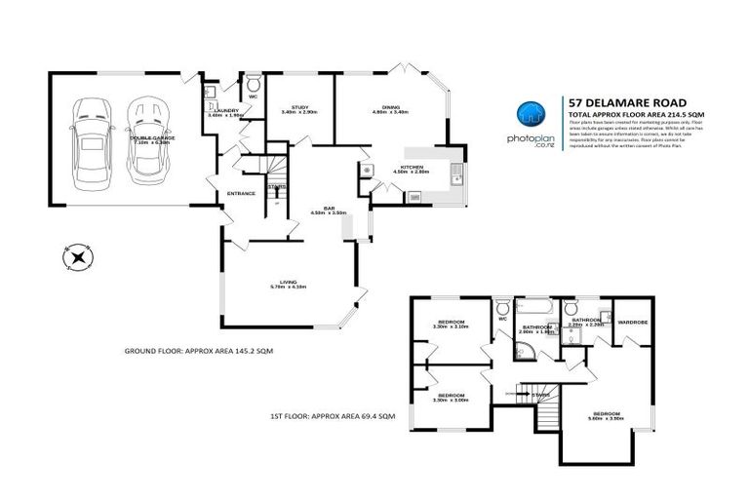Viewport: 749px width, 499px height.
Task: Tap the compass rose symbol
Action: click(76, 257)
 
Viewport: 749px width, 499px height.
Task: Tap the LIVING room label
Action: click(288, 282)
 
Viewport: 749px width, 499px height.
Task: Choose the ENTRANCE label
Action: click(241, 193)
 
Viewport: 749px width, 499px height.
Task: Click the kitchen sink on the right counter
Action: click(455, 177)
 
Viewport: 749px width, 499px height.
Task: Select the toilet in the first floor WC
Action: click(502, 308)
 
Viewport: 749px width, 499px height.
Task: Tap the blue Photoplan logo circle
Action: click(529, 114)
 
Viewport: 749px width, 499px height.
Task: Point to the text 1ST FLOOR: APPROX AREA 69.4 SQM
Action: click(332, 416)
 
